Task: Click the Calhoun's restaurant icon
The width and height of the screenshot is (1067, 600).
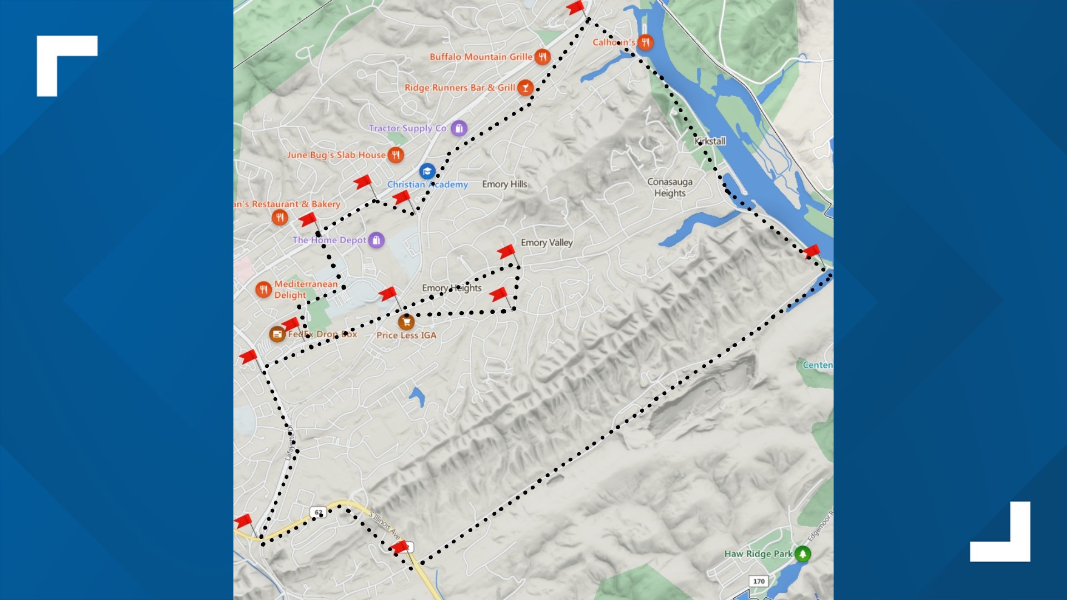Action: (x=645, y=42)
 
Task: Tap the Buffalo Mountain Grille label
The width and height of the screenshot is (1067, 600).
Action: (x=481, y=57)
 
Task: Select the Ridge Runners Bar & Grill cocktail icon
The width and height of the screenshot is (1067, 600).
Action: (x=525, y=88)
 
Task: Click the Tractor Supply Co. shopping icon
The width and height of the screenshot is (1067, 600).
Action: (x=458, y=128)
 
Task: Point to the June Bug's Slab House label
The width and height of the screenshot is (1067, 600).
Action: (x=336, y=155)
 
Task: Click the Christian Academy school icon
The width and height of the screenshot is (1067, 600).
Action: (x=427, y=171)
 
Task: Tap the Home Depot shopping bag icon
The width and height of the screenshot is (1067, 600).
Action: (x=376, y=240)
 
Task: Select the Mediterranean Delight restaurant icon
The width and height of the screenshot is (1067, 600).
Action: (x=263, y=289)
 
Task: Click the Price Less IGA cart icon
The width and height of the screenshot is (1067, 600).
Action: (x=406, y=322)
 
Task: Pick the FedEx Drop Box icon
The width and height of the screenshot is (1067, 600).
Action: (x=277, y=334)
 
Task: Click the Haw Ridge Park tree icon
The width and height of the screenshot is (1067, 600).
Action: (x=802, y=553)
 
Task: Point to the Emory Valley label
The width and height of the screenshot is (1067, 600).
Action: (x=546, y=243)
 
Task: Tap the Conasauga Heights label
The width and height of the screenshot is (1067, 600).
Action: (x=670, y=187)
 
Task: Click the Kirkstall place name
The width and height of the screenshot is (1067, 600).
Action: (x=710, y=141)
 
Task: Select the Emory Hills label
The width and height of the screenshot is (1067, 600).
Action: (x=504, y=184)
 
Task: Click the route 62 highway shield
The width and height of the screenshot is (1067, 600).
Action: (x=318, y=512)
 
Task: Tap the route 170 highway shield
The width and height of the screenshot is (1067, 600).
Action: (x=759, y=581)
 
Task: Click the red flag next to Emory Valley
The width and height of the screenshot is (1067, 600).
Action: (x=506, y=252)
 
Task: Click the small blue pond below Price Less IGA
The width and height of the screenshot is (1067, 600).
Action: (x=417, y=396)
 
